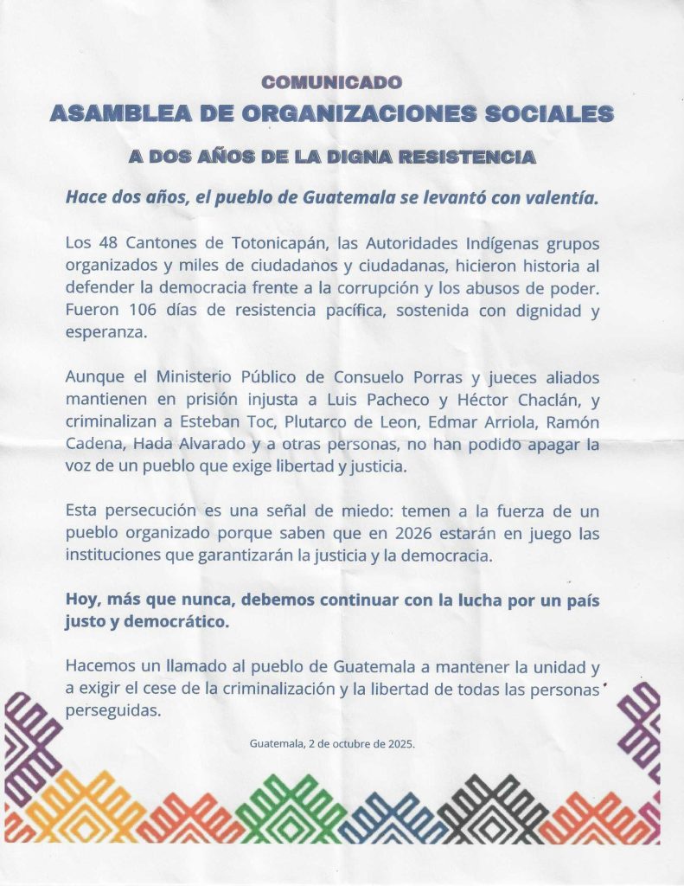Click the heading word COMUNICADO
[332, 83]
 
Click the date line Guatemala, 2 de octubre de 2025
[332, 743]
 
